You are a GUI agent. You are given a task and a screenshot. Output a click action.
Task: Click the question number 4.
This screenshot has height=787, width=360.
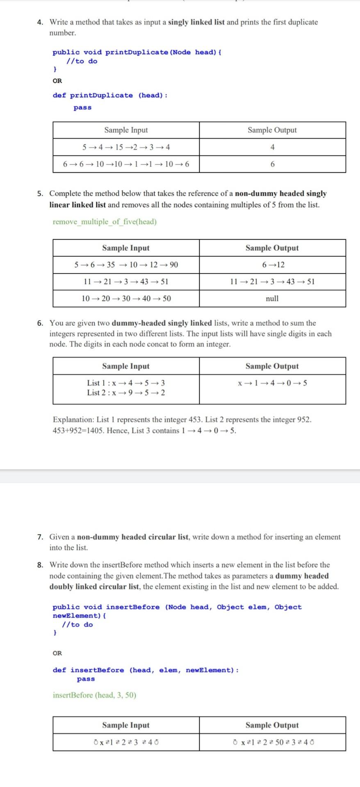(x=40, y=22)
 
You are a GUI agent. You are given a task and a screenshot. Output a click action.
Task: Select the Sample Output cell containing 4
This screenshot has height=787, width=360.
(x=272, y=147)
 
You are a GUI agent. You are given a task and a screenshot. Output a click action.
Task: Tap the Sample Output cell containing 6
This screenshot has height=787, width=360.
(x=272, y=164)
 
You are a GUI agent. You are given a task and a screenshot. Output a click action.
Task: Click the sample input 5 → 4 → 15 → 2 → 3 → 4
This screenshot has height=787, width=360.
(x=126, y=147)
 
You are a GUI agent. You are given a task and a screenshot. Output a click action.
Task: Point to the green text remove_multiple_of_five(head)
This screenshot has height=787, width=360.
(x=105, y=222)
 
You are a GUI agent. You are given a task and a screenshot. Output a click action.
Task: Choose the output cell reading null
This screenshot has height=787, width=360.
(x=272, y=298)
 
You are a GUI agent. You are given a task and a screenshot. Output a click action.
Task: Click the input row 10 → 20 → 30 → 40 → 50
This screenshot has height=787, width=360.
(x=126, y=298)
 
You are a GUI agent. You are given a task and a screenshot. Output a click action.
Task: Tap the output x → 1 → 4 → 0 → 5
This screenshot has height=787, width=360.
(x=272, y=383)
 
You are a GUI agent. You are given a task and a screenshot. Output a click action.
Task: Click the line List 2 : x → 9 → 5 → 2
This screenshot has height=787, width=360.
(x=126, y=393)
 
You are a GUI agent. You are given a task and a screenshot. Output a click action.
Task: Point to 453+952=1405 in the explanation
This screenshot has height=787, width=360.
(x=77, y=430)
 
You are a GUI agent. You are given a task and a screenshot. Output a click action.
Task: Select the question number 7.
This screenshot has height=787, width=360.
(x=40, y=537)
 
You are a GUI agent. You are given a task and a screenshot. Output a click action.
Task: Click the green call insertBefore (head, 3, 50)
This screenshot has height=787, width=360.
(x=94, y=695)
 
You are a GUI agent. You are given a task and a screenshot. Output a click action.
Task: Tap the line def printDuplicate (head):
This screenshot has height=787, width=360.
(x=110, y=96)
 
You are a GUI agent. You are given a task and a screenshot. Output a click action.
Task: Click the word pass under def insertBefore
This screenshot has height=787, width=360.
(x=86, y=679)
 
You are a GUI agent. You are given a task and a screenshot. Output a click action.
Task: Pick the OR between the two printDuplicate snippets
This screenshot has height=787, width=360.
(x=57, y=81)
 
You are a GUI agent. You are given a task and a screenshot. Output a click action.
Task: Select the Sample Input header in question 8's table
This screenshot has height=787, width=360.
(x=126, y=725)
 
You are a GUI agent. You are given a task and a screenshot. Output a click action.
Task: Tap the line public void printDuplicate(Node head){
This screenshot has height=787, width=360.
(x=137, y=52)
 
